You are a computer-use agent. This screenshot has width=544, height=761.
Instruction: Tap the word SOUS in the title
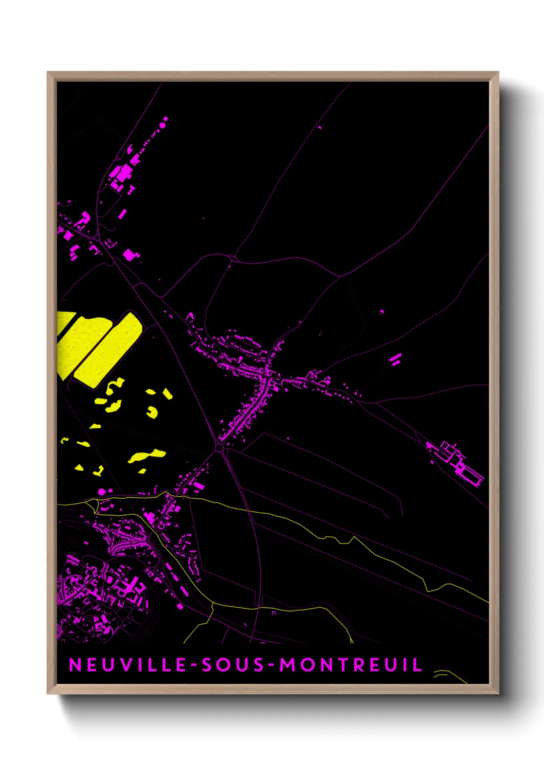[233, 665]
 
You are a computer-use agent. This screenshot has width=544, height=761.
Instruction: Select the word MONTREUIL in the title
[351, 665]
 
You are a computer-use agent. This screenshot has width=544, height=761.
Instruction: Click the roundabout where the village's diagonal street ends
[220, 448]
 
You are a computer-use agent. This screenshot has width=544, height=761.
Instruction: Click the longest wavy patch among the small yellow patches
[147, 456]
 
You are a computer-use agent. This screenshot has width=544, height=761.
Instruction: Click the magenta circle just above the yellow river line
[102, 492]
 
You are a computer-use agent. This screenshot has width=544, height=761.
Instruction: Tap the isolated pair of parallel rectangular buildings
[395, 359]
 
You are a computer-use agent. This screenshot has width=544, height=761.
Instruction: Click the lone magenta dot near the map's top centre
[320, 127]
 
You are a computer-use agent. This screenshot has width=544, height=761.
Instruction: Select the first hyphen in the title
[194, 666]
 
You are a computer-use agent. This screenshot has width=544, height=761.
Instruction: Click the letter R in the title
[360, 665]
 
